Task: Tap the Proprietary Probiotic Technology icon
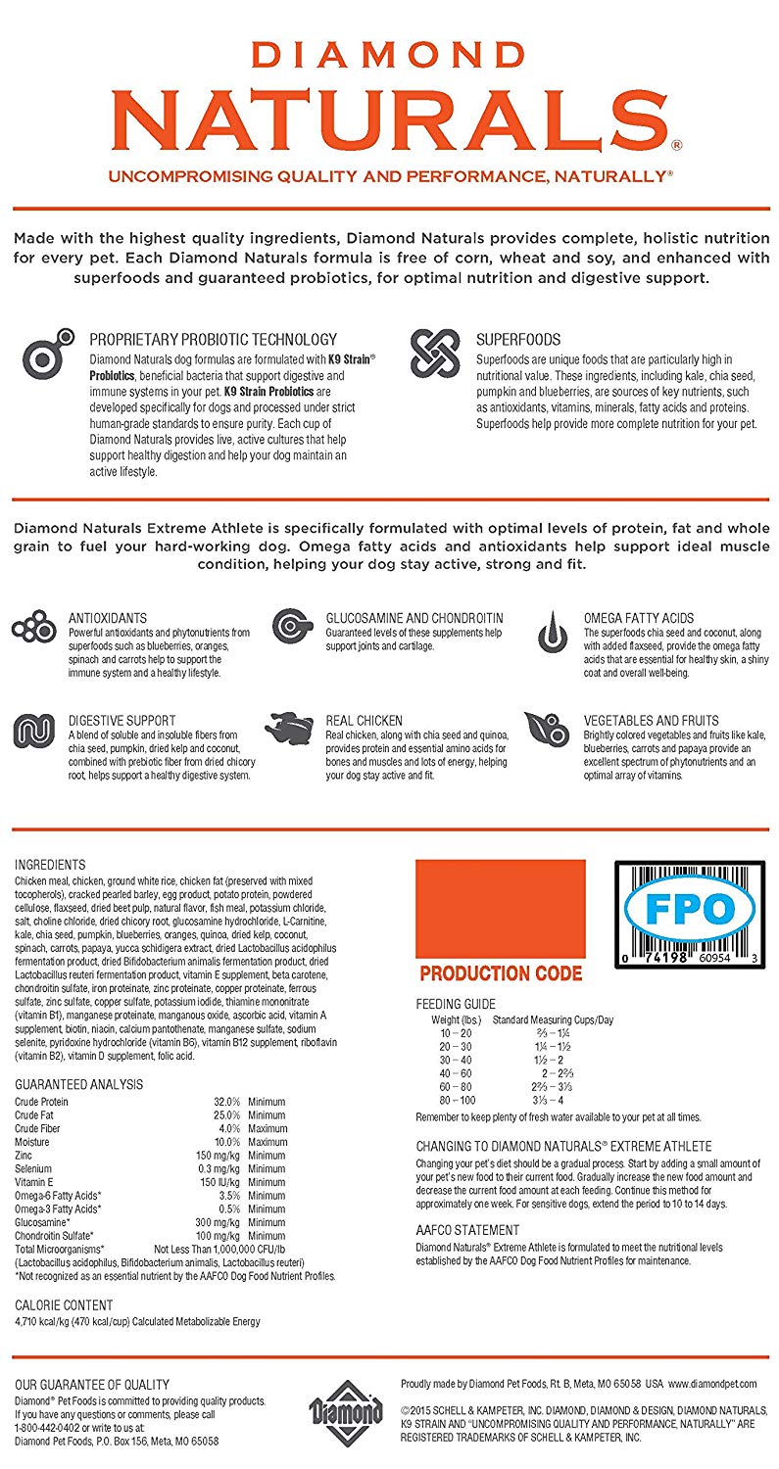(49, 355)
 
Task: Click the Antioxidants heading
(108, 618)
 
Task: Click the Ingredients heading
(50, 865)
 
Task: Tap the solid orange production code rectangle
(501, 908)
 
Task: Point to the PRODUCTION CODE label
(501, 973)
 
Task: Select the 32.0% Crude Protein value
(226, 1101)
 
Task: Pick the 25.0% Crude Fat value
(226, 1114)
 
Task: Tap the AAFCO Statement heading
(467, 1230)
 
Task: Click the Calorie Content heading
(64, 1304)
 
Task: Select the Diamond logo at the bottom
(346, 1411)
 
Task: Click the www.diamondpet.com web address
(712, 1383)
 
